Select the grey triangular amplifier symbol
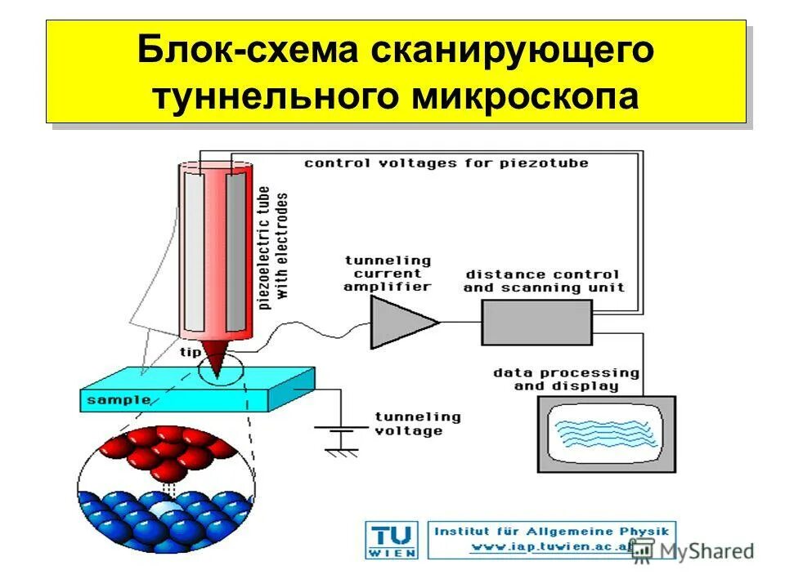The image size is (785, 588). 401,321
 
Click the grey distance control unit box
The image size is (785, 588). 536,322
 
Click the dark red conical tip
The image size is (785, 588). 216,357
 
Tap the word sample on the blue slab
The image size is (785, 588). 119,400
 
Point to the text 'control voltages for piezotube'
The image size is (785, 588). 446,163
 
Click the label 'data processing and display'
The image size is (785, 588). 566,379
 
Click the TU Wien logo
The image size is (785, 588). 392,540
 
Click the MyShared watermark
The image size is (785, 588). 695,551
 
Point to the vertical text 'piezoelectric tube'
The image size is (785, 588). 264,249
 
